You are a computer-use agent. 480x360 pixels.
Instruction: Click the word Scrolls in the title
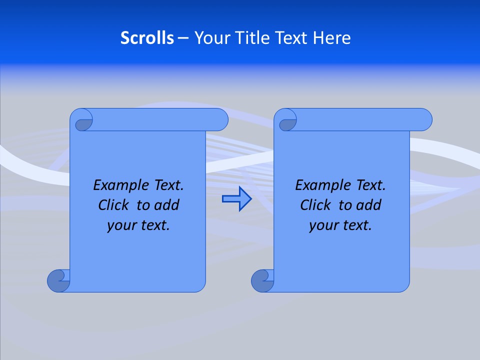coord(147,38)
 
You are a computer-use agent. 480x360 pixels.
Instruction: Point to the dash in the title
coord(183,38)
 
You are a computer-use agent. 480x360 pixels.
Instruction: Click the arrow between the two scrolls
coord(236,199)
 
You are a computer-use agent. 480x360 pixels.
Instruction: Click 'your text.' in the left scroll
coord(138,225)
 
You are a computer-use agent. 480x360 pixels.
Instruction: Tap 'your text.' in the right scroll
coord(340,225)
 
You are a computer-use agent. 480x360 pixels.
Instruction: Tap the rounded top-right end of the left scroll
coord(220,119)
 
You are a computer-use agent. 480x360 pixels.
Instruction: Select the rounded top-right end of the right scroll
coord(424,119)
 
